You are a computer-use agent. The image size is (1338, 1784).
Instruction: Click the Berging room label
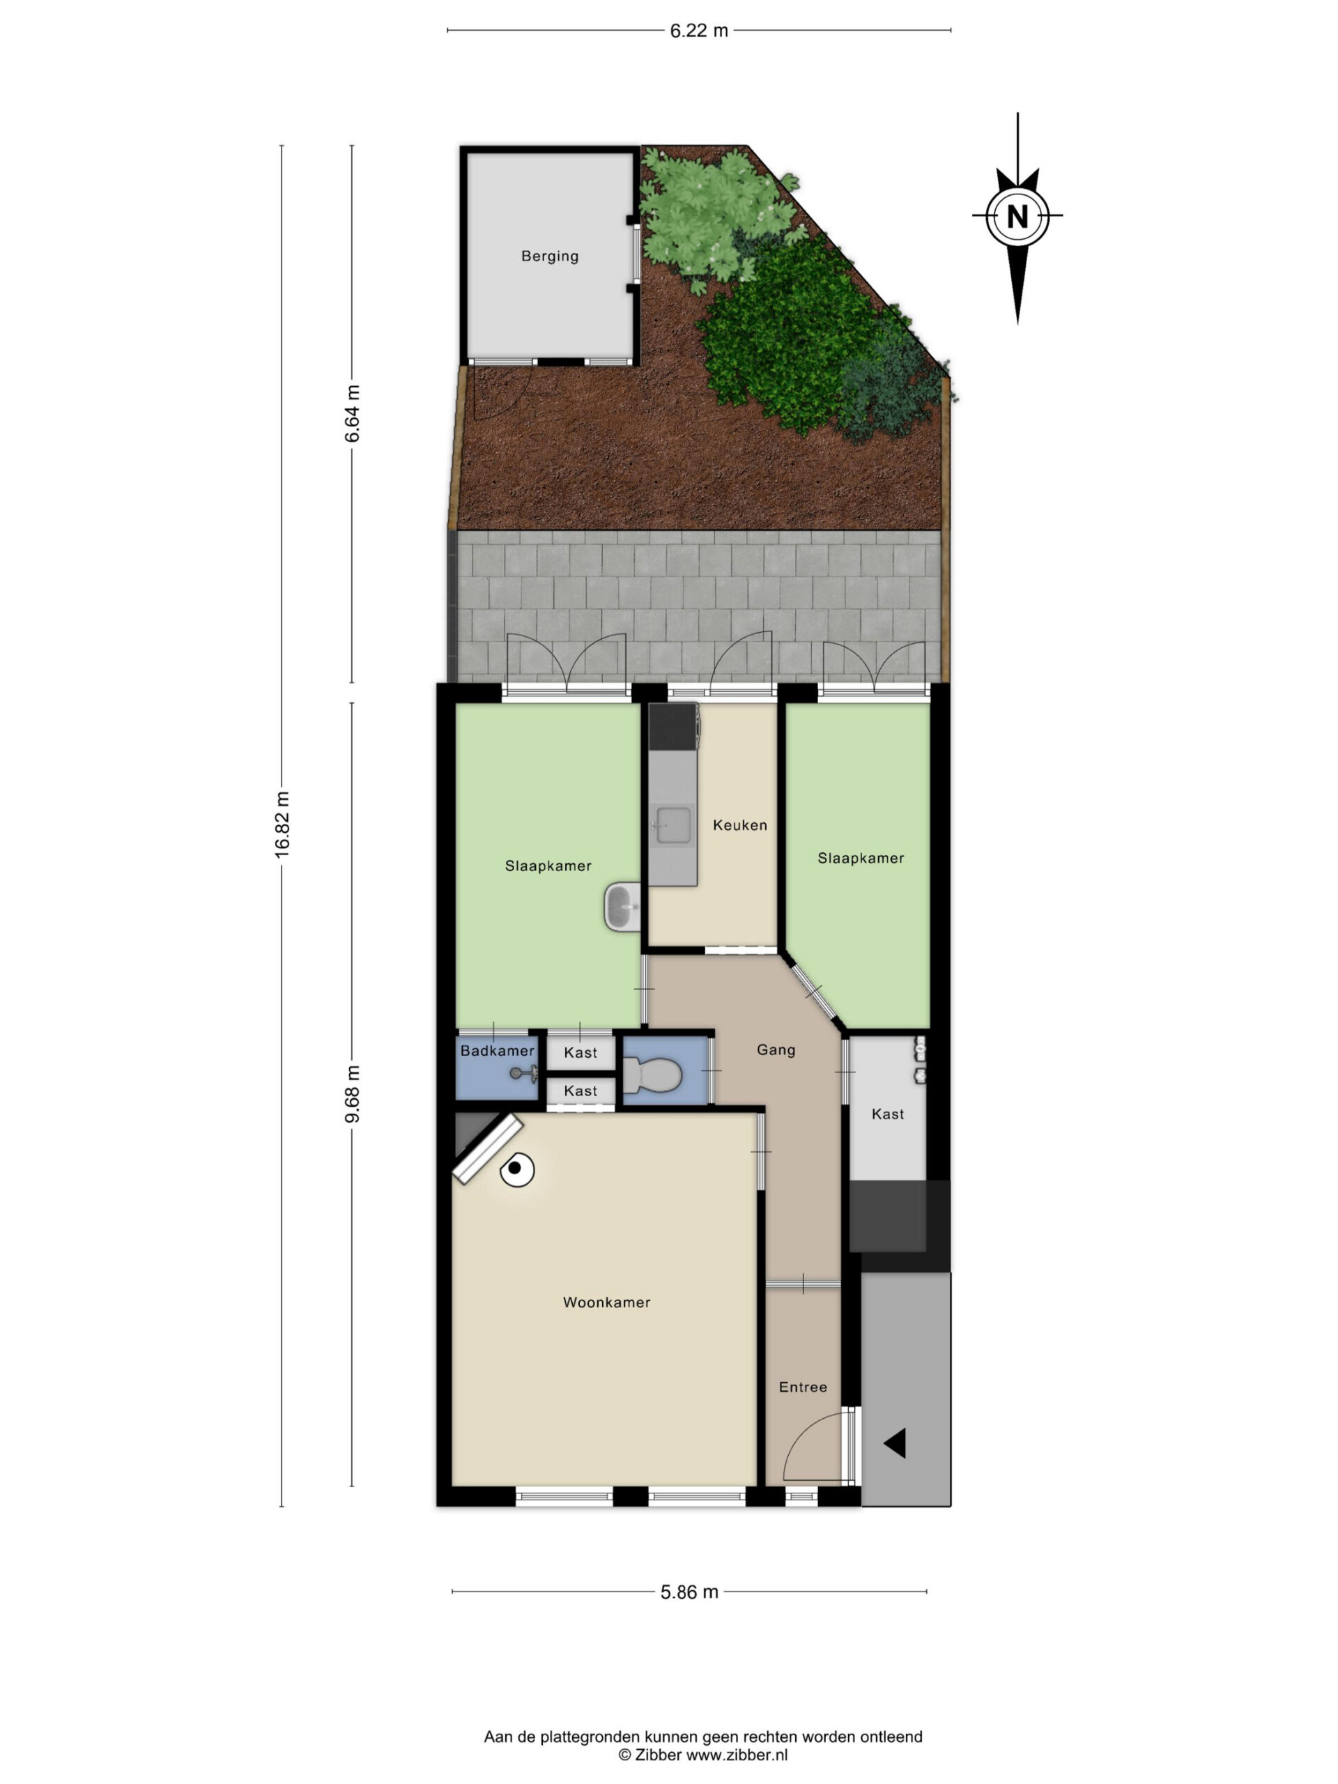coord(549,256)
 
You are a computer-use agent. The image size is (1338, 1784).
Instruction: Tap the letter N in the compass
coord(1017,216)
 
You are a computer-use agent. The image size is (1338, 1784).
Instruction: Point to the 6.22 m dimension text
coord(698,31)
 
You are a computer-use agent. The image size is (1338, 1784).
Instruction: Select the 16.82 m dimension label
coord(282,824)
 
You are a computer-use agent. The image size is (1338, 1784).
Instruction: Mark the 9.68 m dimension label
coord(352,1093)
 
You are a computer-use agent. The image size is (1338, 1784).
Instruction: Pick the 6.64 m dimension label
coord(352,413)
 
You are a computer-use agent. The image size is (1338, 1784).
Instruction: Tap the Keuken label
coord(739,825)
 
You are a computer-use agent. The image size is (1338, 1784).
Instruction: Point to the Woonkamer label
coord(606,1302)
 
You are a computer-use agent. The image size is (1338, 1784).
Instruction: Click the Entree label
coord(803,1387)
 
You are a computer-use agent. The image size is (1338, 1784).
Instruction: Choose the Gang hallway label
coord(776,1049)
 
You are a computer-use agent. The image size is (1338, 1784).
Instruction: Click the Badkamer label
coord(497,1051)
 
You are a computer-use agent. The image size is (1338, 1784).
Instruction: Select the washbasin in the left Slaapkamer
coord(622,907)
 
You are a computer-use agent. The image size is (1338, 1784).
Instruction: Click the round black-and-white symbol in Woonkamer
coord(516,1169)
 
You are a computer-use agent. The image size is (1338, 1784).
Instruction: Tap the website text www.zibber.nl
coord(737,1754)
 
